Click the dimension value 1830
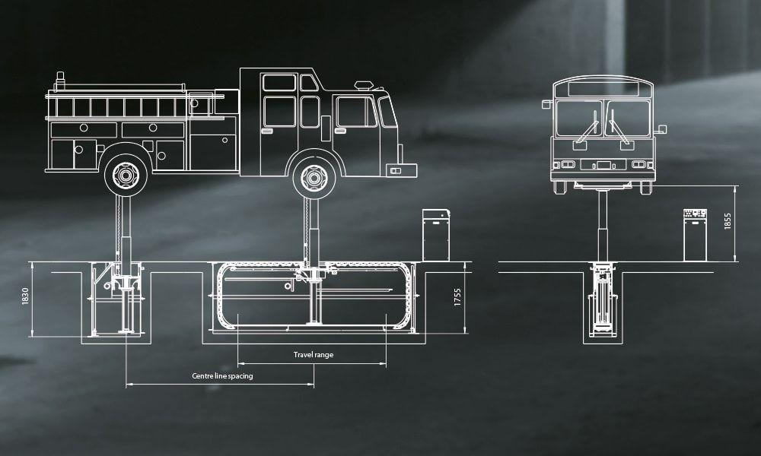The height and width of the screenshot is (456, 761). [25, 296]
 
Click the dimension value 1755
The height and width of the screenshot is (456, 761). [457, 297]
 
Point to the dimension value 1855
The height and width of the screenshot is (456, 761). [728, 221]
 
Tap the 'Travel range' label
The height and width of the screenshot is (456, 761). [314, 355]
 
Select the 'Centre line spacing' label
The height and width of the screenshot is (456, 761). [222, 376]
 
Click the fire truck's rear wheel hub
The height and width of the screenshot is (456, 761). [126, 176]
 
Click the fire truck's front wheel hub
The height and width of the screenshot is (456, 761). [314, 179]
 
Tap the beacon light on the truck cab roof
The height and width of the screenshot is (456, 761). [364, 85]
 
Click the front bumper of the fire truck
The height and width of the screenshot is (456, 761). [401, 170]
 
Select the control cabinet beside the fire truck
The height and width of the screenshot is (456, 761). [436, 236]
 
